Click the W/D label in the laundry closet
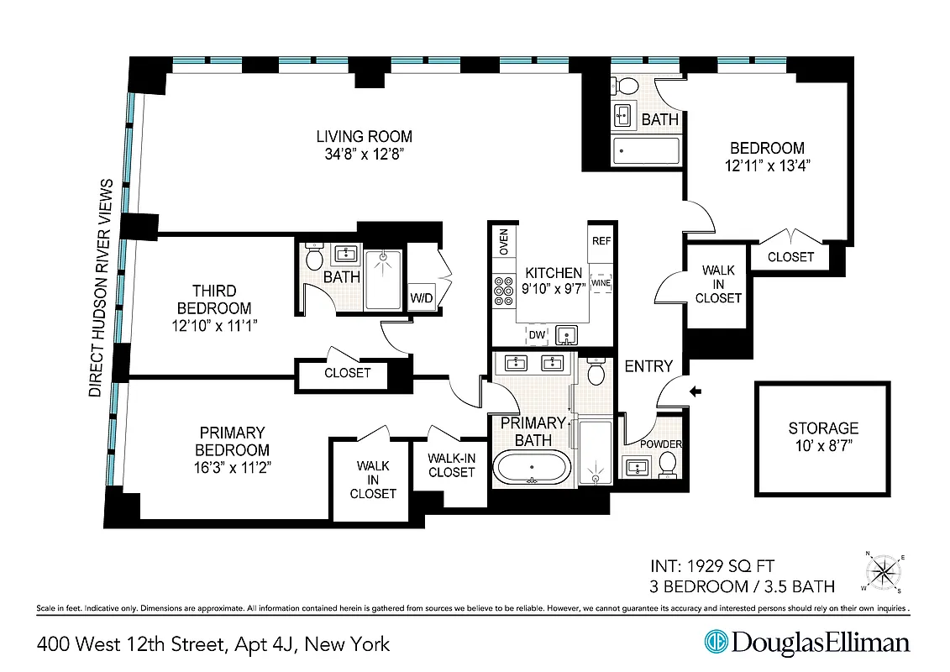422,297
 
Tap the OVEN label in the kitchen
503,241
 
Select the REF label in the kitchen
601,240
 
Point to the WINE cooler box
601,284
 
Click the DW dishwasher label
536,335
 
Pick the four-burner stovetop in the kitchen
504,290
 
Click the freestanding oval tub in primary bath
531,467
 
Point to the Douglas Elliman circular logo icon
716,643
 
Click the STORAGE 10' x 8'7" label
822,436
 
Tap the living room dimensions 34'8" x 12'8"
364,155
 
